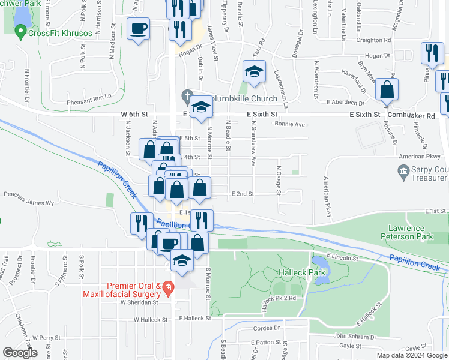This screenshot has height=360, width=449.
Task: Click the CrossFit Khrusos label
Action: click(60, 33)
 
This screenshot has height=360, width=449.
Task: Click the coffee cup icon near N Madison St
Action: click(139, 29)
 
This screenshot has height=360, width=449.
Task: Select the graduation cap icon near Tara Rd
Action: click(254, 72)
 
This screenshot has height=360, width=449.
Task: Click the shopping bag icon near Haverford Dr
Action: click(388, 89)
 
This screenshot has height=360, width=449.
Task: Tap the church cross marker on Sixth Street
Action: click(188, 96)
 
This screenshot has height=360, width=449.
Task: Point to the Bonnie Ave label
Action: click(290, 124)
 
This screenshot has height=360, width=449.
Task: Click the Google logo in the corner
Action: click(20, 353)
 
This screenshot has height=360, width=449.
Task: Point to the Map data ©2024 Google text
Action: click(411, 355)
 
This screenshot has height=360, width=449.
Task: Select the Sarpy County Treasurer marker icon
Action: click(404, 173)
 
